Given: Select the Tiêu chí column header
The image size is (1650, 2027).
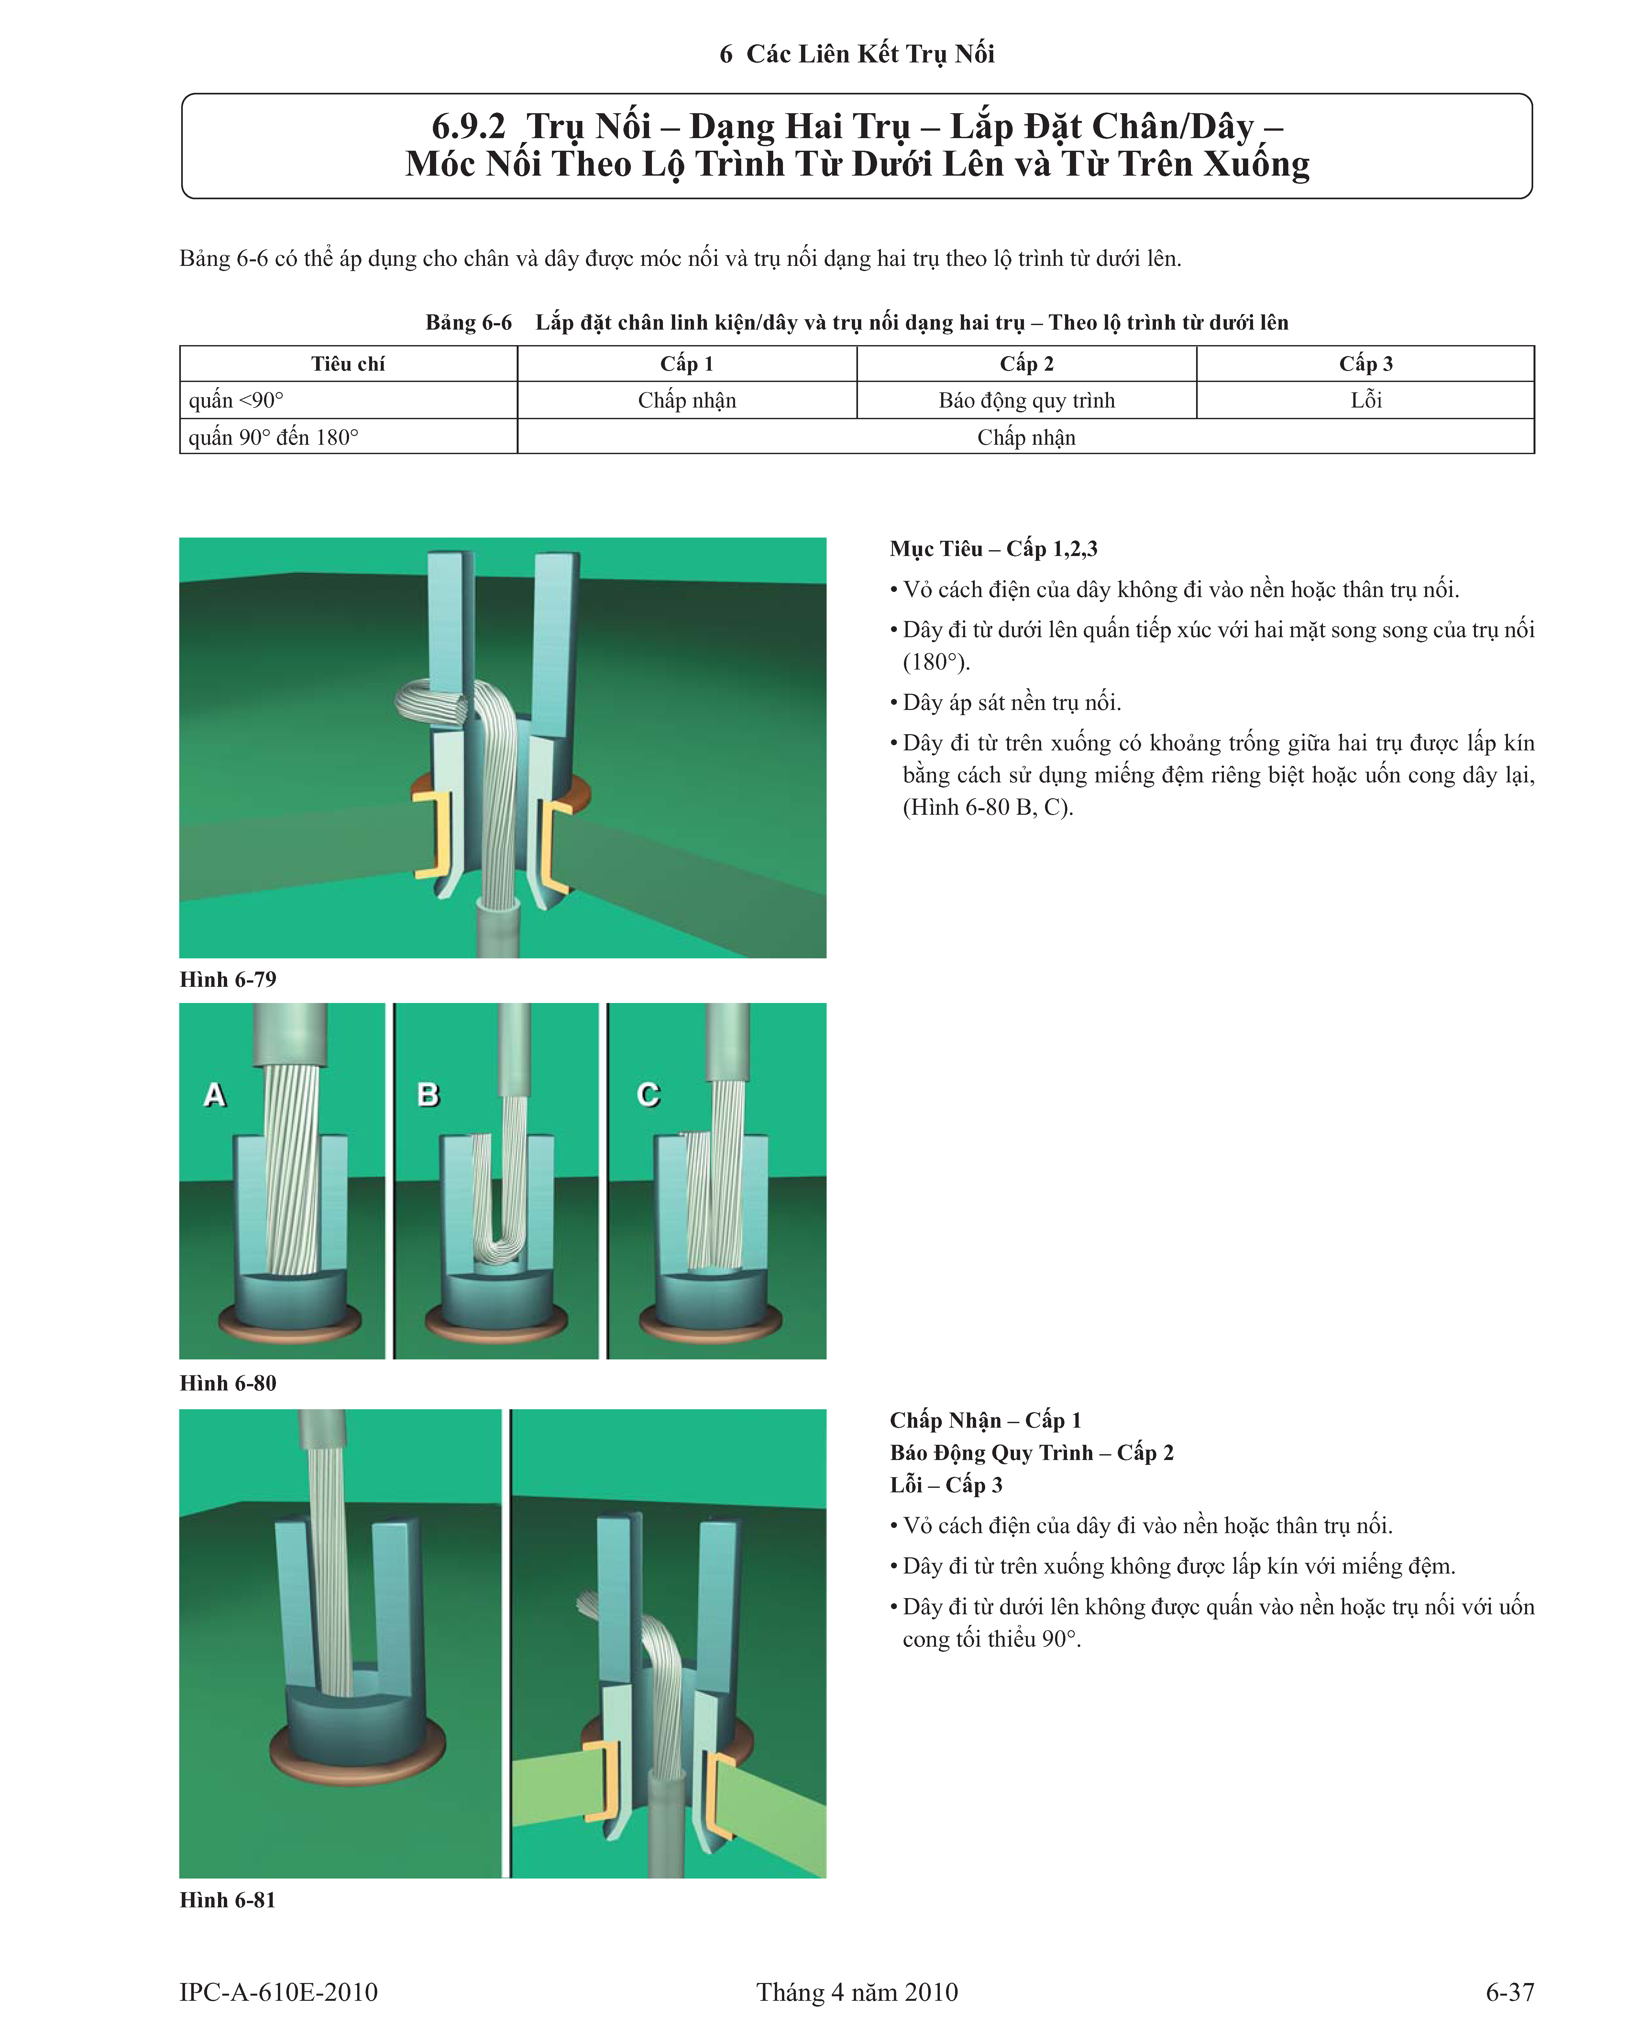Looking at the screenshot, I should click(348, 364).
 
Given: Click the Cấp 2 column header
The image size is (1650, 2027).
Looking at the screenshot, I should click(1027, 364).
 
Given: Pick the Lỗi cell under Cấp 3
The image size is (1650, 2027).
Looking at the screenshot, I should click(1366, 400).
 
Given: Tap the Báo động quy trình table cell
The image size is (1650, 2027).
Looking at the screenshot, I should click(1027, 400).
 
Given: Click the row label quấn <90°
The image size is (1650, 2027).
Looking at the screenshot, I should click(236, 400).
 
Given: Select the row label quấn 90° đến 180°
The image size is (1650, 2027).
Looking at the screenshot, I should click(274, 437).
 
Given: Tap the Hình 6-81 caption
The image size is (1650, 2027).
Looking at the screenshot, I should click(228, 1900).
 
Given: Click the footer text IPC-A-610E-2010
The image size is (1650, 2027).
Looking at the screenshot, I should click(279, 1992).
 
